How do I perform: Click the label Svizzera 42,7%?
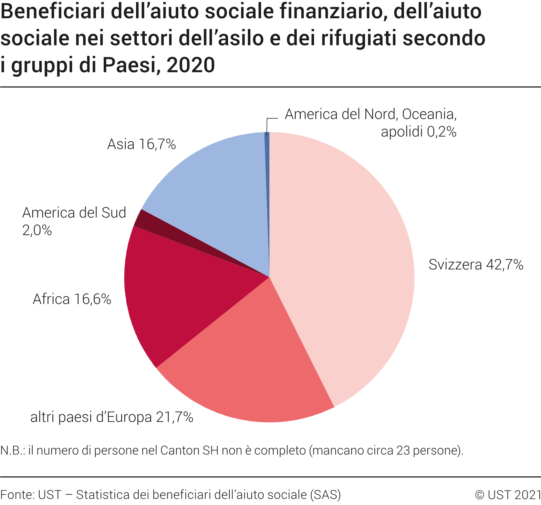tap(476, 265)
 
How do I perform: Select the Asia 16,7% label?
tap(142, 144)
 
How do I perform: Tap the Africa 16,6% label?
tap(72, 299)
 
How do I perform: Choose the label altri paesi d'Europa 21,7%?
tap(112, 417)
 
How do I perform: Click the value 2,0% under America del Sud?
tap(37, 230)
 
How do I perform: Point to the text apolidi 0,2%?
tap(418, 132)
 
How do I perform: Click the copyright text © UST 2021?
tap(508, 495)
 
